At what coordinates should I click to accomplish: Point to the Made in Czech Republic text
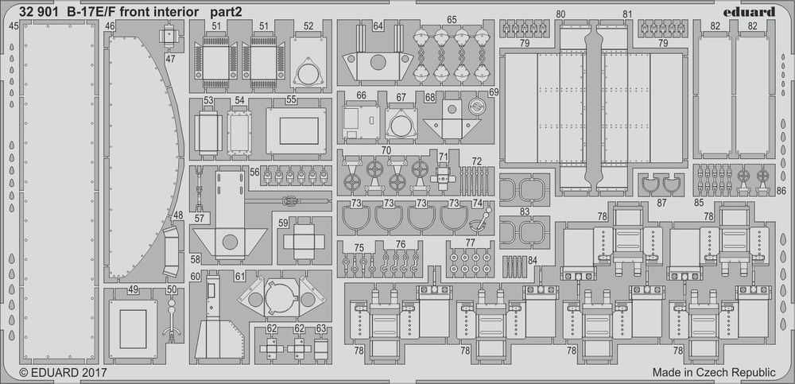coord(713,372)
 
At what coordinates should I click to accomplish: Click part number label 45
coord(14,26)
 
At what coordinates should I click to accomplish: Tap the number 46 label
coord(110,26)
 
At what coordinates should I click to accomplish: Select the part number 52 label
coord(308,26)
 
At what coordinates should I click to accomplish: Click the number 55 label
coord(291,100)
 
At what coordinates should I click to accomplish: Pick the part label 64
coord(378,26)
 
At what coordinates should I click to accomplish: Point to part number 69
coord(493,93)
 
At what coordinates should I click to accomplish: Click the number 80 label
coord(560,15)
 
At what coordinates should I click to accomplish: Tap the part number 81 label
coord(627,15)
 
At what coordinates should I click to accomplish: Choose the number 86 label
coord(781,192)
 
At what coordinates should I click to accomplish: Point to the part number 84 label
coord(532,260)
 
